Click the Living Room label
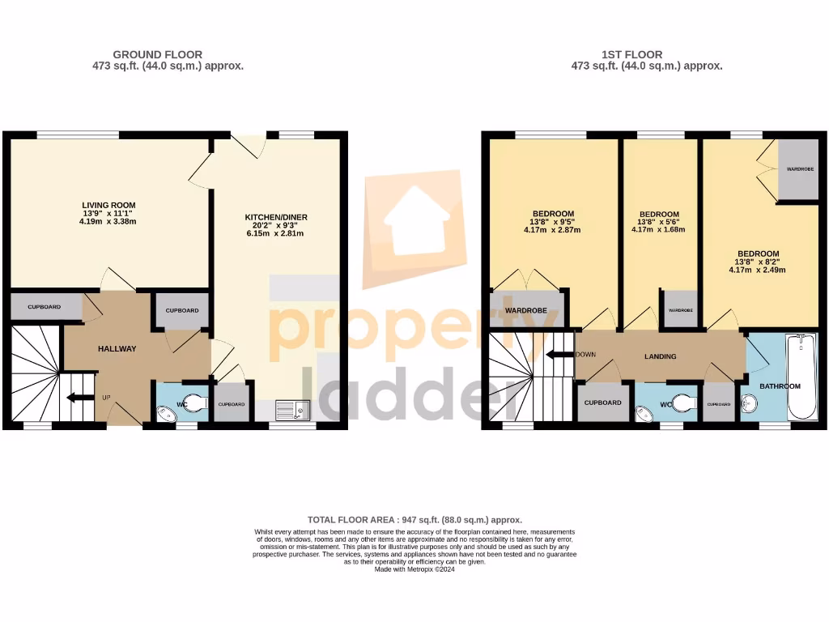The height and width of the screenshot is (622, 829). (x=108, y=205)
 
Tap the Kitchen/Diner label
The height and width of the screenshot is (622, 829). (x=276, y=217)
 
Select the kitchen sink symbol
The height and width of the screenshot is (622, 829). (x=292, y=409)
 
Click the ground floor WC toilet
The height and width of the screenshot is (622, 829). (x=197, y=400)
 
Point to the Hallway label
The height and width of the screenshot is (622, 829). (x=117, y=349)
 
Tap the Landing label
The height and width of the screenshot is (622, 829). (x=660, y=356)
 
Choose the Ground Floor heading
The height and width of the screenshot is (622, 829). (x=157, y=55)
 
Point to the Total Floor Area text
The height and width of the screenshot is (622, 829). (x=414, y=519)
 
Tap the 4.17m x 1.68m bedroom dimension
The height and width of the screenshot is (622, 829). (x=658, y=229)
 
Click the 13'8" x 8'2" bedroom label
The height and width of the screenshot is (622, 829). (x=757, y=262)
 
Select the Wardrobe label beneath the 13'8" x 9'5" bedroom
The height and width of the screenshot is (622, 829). (x=526, y=311)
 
